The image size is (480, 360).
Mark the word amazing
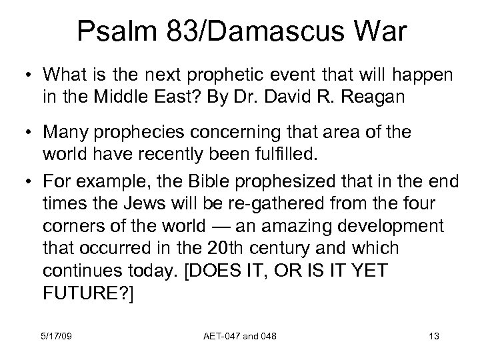coord(287,226)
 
